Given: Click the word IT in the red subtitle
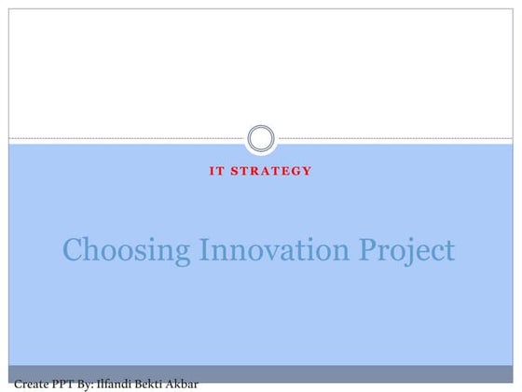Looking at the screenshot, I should tap(215, 171).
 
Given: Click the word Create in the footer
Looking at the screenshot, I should tap(32, 383).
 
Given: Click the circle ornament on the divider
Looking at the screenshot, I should tap(261, 139).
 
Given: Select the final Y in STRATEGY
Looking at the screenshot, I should tap(307, 171).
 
